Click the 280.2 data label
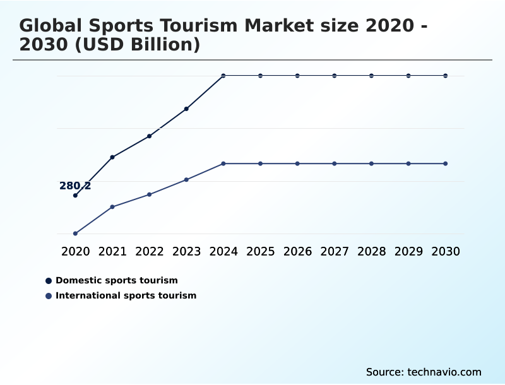click(x=75, y=186)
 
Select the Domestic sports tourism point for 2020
click(x=75, y=196)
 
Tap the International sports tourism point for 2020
click(x=75, y=234)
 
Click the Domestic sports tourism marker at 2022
click(x=149, y=136)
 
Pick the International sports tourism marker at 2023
click(x=186, y=180)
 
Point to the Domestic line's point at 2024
click(x=223, y=76)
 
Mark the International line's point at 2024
click(x=223, y=163)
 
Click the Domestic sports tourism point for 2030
click(x=446, y=76)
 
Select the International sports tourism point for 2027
click(x=335, y=163)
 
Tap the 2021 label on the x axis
click(x=112, y=251)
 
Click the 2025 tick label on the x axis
click(x=260, y=251)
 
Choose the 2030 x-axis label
click(x=446, y=251)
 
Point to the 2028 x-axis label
click(x=371, y=251)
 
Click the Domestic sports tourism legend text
click(x=117, y=280)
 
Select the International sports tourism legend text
click(x=126, y=295)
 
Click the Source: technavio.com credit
click(x=424, y=372)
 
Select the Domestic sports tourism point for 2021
click(x=112, y=157)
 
